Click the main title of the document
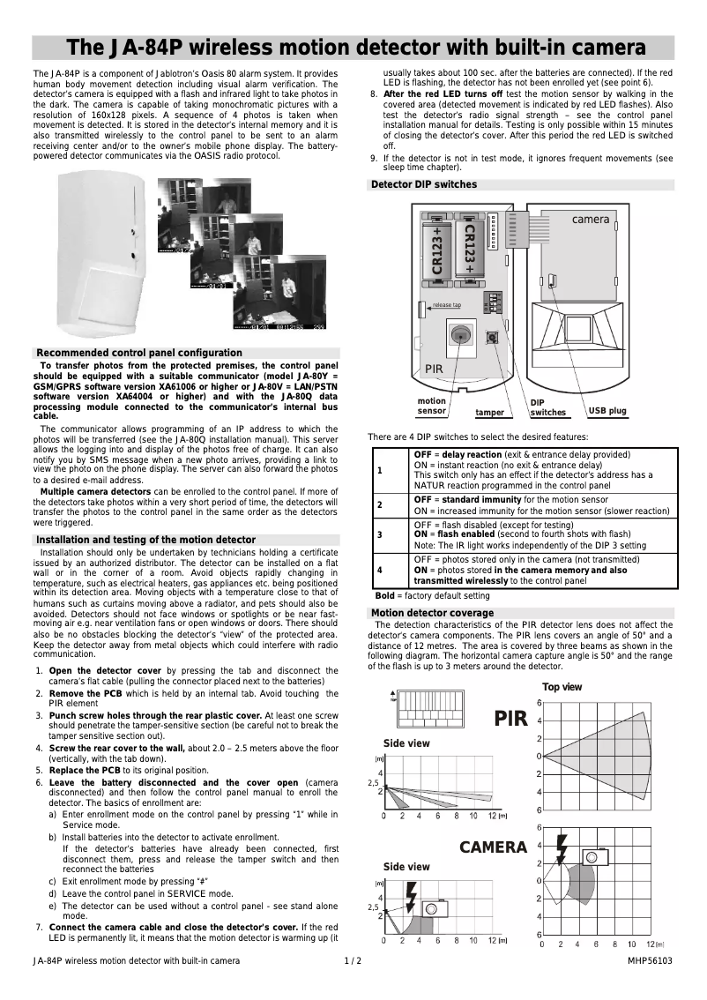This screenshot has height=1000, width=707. coord(353,48)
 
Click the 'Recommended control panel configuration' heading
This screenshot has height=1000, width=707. coord(139,353)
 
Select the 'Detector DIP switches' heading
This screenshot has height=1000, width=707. coord(424,184)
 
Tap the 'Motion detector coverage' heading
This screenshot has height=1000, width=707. coord(432,613)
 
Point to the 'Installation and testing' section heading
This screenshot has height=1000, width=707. coord(145,540)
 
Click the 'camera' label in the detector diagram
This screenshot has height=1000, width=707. coord(590,219)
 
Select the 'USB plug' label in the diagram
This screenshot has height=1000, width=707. coord(607,411)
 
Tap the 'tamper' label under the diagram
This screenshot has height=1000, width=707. coord(489,413)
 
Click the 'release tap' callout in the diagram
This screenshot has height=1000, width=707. coord(446,305)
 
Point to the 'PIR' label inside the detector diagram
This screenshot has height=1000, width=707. coord(434,369)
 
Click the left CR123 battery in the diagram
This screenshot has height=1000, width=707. coord(438,250)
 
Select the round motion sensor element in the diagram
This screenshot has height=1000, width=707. coord(460,335)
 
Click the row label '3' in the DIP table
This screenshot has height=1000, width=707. coord(379,534)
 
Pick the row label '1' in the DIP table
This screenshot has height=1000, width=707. coord(379,470)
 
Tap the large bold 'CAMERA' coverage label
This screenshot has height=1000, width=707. coord(493,847)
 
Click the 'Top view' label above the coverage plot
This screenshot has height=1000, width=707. coord(562,687)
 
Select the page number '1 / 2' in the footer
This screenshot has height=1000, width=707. coord(353,960)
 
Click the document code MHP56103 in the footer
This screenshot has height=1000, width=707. coord(650,960)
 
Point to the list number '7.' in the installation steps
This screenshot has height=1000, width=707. coord(40,927)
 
